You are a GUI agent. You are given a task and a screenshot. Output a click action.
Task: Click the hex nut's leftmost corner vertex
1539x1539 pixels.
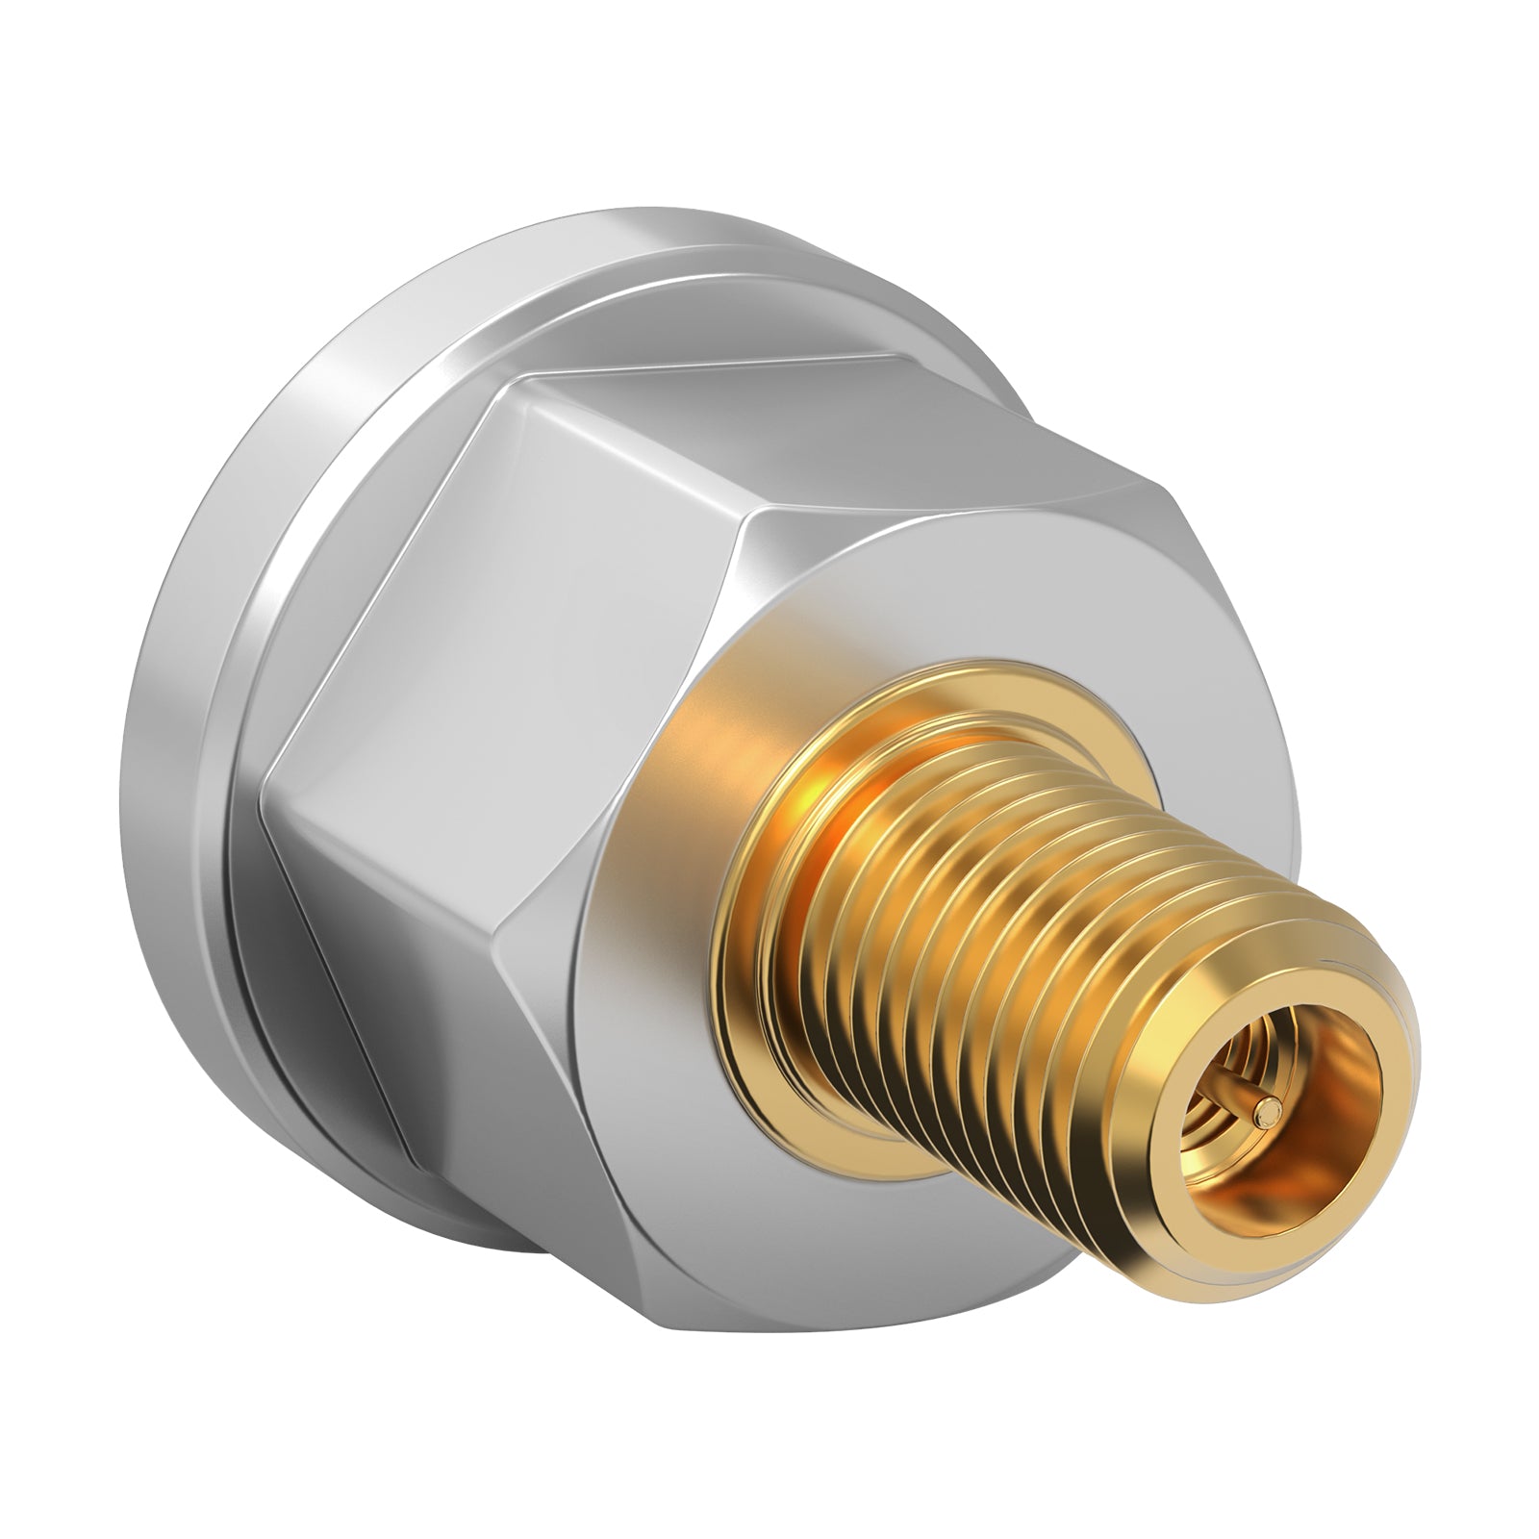pos(265,769)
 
